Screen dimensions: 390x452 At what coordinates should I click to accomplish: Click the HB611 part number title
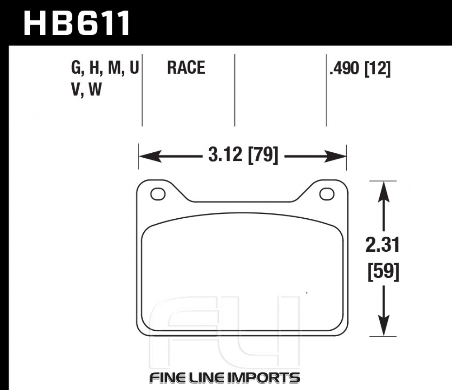tap(77, 23)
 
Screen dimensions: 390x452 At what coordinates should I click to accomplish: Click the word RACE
tap(186, 68)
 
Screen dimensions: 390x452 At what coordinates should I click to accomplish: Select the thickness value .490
tap(344, 69)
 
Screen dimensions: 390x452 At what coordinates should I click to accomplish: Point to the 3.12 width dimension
tap(225, 156)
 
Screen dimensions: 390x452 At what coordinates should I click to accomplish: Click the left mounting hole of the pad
tap(158, 194)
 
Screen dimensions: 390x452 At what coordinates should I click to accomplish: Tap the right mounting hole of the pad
tap(326, 194)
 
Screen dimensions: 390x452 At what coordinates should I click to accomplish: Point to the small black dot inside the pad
tap(307, 293)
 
